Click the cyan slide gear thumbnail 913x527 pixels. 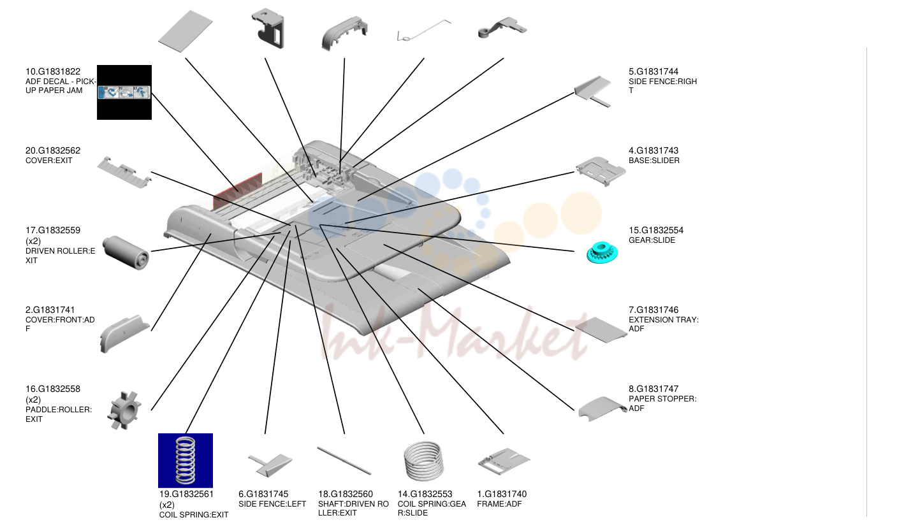pos(602,252)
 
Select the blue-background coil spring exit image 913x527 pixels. pos(186,460)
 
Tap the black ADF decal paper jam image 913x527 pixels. pos(124,92)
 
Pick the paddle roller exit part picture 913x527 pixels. pos(124,410)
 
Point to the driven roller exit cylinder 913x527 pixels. pos(126,252)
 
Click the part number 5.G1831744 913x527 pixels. pos(654,71)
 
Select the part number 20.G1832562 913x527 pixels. pos(53,150)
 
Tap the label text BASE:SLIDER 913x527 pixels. pos(654,161)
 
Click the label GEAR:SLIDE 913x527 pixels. pos(652,240)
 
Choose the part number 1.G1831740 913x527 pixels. pos(502,494)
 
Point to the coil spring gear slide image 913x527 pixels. pos(424,461)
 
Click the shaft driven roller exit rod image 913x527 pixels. pos(344,461)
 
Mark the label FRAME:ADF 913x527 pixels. pos(499,504)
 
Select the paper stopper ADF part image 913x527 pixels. pos(602,408)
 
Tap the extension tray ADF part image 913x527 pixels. pos(601,329)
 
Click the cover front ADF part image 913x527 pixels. pos(124,333)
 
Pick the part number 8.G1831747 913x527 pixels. pos(654,389)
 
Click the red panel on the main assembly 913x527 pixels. pos(238,191)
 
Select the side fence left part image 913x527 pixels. pos(270,465)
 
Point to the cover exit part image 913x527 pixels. pos(124,173)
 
